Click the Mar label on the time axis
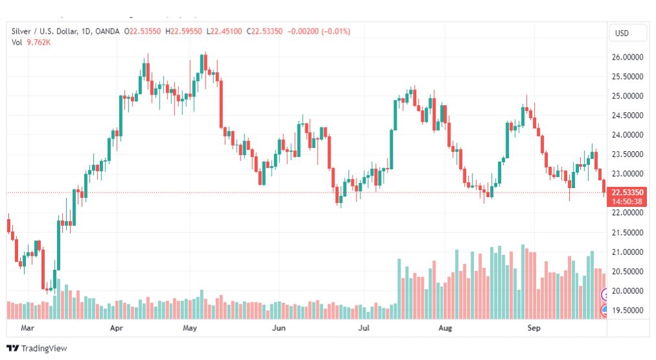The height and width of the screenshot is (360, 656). pyautogui.click(x=27, y=328)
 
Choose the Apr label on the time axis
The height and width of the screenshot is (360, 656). pyautogui.click(x=117, y=328)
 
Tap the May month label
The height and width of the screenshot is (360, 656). pyautogui.click(x=190, y=328)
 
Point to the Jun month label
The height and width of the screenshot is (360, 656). pyautogui.click(x=279, y=328)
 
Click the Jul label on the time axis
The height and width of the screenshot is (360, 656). pyautogui.click(x=364, y=328)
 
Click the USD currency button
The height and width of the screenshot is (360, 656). pyautogui.click(x=622, y=33)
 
